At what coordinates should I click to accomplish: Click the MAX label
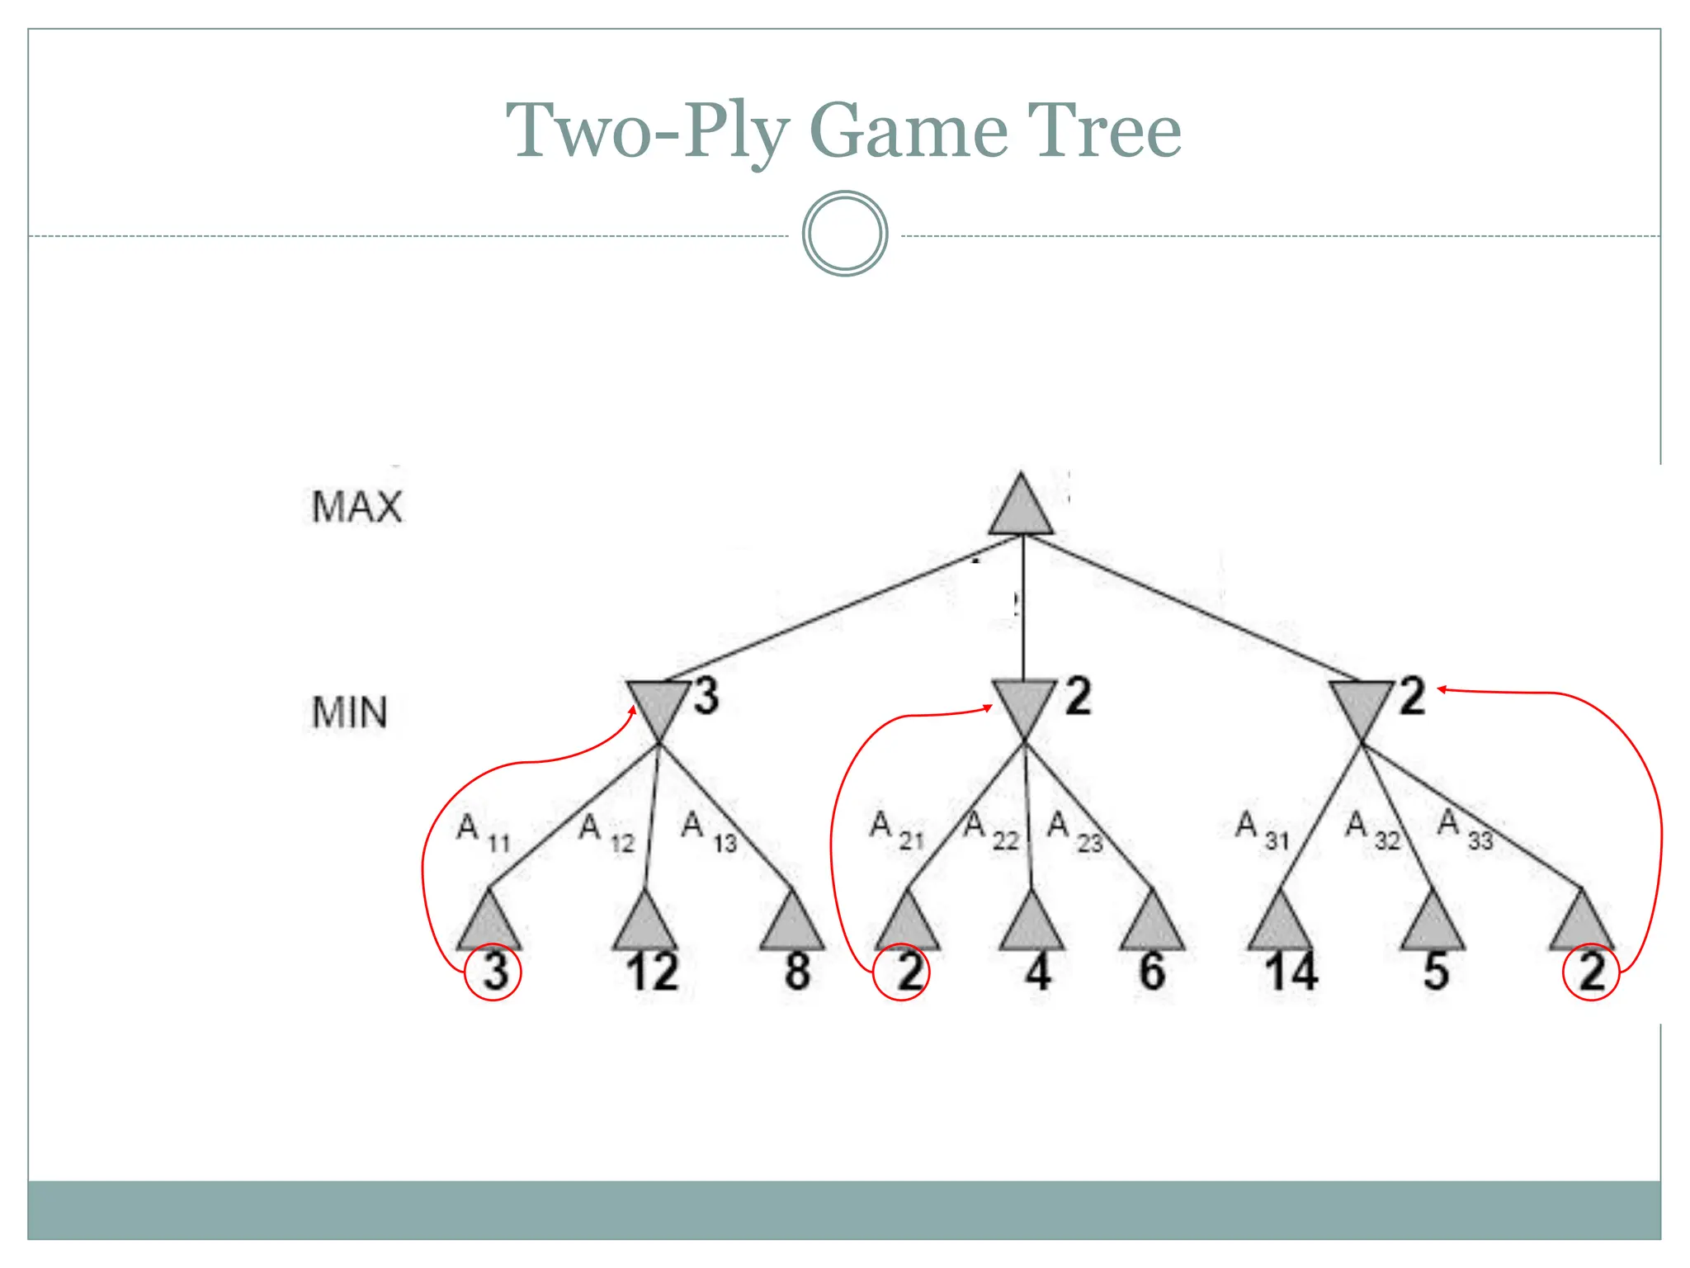356,507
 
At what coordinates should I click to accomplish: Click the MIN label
350,712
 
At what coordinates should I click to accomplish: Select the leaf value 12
652,972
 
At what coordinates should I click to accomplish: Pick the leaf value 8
797,972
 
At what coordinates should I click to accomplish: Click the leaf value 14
1291,972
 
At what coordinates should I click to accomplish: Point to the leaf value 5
1436,972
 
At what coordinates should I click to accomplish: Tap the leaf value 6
1152,972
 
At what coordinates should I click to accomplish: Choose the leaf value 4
1037,972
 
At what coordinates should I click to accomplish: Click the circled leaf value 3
494,972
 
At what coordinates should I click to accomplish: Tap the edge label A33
1465,828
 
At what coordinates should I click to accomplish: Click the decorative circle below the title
845,234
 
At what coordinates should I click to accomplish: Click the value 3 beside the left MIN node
706,695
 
